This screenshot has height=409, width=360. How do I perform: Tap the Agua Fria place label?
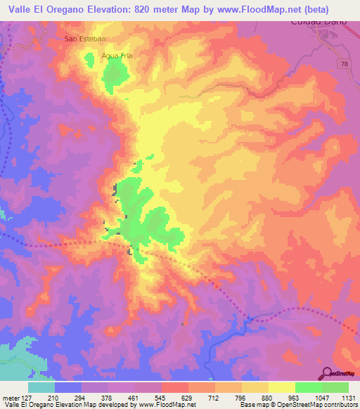tap(117, 54)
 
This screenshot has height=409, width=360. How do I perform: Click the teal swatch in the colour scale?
tap(41, 387)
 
